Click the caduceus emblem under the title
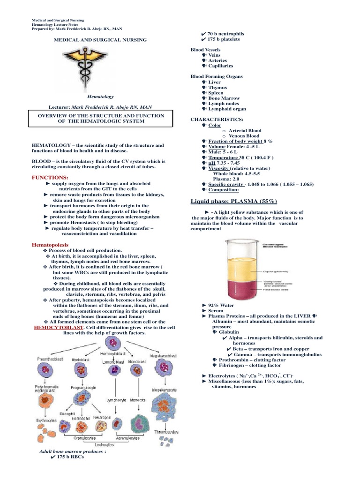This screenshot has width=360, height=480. point(100,67)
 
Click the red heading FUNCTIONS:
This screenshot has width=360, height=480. point(50,178)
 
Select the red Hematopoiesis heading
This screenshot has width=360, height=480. point(50,245)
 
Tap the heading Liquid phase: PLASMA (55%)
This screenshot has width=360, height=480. point(234,201)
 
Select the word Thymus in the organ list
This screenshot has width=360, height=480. point(217,88)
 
